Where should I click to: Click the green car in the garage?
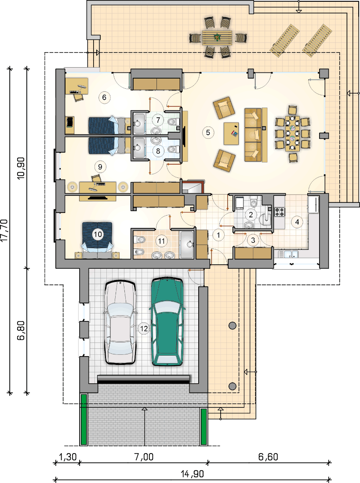tap(167, 321)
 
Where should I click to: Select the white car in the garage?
tap(120, 322)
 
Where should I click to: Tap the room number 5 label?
tap(208, 133)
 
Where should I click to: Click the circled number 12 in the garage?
tap(144, 329)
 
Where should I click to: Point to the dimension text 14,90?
tap(192, 473)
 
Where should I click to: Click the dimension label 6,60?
tap(268, 457)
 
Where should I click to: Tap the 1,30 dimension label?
tap(67, 457)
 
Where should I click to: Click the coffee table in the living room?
tap(231, 133)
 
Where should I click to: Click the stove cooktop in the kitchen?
tap(280, 212)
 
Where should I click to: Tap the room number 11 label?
tap(162, 241)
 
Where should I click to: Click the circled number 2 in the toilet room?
tap(251, 215)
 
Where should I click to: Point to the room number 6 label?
tap(104, 97)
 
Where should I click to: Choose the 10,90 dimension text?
tap(21, 168)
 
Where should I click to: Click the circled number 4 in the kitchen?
tap(297, 222)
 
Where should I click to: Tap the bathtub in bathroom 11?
tap(187, 245)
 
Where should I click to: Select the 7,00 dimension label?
tap(144, 457)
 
